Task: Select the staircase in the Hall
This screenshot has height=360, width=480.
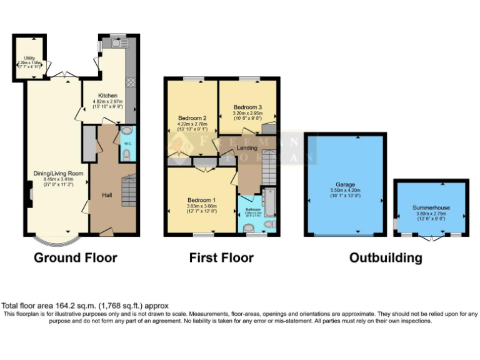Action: (x=129, y=191)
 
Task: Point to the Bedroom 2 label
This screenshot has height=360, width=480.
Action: (x=192, y=117)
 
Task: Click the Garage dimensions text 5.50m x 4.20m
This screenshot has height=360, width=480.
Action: (x=345, y=191)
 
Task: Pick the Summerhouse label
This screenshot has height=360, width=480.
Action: (x=431, y=207)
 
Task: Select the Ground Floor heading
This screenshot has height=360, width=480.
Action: (x=75, y=257)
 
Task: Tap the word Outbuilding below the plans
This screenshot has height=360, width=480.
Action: (x=385, y=257)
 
